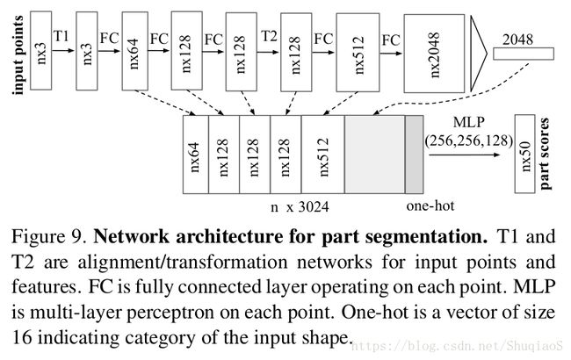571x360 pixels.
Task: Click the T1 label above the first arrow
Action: click(61, 35)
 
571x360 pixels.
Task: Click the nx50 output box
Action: click(525, 155)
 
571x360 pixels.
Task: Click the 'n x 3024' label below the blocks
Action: click(297, 207)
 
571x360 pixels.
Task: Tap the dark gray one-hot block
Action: click(414, 155)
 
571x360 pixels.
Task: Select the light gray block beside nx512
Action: click(374, 155)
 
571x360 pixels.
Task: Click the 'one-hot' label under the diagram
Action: click(423, 207)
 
